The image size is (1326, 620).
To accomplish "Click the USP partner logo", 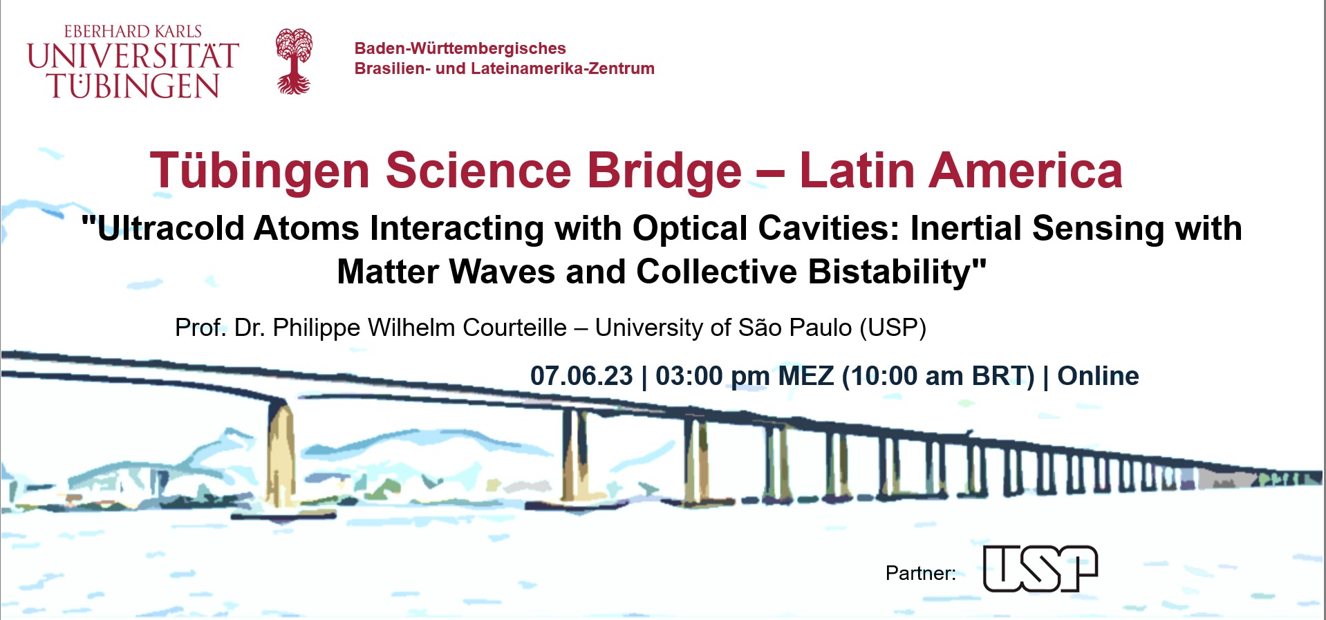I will click(x=1040, y=569).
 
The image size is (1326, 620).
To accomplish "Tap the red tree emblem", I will click(x=294, y=61).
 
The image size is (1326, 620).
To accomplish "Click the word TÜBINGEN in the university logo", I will click(x=133, y=86).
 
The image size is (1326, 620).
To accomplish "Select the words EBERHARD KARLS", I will click(x=133, y=32).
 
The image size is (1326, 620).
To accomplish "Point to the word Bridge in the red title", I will click(x=664, y=171).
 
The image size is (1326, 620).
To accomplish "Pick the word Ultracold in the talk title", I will click(x=171, y=229).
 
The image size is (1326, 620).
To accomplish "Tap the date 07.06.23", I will click(x=581, y=376).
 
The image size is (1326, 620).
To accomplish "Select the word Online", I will click(x=1098, y=376).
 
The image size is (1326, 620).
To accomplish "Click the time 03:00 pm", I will click(x=712, y=376).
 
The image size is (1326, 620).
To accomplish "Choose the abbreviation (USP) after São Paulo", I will click(x=893, y=328).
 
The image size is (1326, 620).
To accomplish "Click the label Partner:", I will click(x=920, y=573).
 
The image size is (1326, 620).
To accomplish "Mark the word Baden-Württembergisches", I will click(x=460, y=48).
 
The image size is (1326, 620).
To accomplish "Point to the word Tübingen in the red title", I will click(x=260, y=171).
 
